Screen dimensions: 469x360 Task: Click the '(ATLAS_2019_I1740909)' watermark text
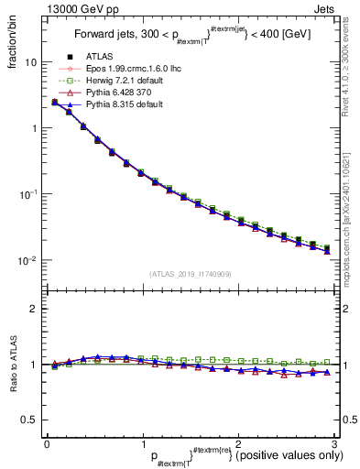(x=189, y=274)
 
